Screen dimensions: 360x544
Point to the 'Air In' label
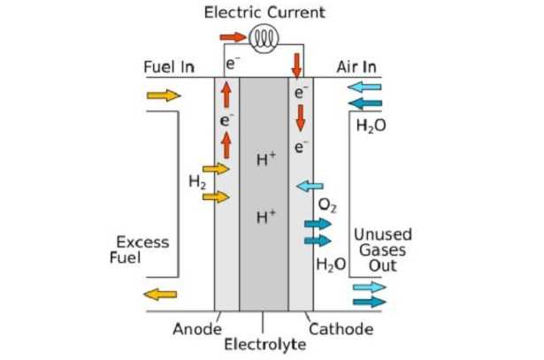[357, 68]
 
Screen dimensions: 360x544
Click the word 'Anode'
[197, 329]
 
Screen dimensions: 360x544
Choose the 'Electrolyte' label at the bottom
[264, 344]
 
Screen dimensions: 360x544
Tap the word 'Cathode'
[341, 329]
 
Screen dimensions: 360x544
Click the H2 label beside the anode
[197, 182]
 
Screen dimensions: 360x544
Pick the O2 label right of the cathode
[327, 206]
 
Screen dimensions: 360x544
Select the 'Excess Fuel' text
[143, 249]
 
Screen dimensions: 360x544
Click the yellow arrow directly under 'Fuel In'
[162, 96]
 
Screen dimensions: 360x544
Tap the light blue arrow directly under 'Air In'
[364, 88]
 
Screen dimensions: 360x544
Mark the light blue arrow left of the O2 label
[309, 187]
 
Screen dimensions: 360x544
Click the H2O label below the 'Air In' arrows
[371, 126]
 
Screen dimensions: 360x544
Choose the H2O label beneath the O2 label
[331, 264]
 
